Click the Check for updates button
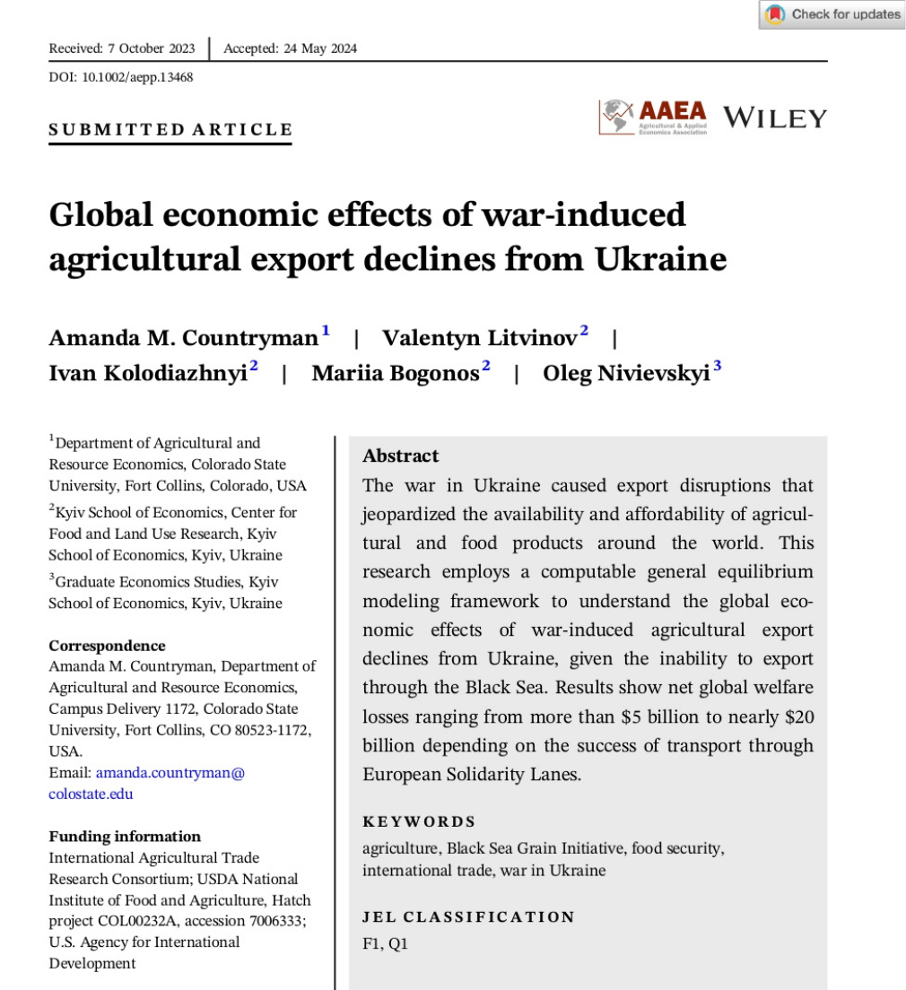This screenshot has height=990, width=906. [x=832, y=14]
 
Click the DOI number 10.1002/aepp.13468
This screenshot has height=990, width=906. [x=137, y=77]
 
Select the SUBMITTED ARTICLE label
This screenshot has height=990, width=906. [x=170, y=130]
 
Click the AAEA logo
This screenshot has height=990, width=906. [x=653, y=117]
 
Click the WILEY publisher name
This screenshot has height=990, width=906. [x=774, y=117]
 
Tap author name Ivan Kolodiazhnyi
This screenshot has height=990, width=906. [x=148, y=373]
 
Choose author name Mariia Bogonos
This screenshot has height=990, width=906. [x=396, y=373]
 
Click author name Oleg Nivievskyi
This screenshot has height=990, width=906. [x=626, y=373]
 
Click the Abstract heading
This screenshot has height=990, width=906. [x=401, y=456]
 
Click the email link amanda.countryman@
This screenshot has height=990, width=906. [x=170, y=772]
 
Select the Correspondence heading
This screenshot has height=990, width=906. [x=107, y=646]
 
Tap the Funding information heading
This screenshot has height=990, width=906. [x=125, y=836]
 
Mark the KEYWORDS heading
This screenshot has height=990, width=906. [x=419, y=821]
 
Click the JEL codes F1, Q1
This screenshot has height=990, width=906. [x=385, y=943]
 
